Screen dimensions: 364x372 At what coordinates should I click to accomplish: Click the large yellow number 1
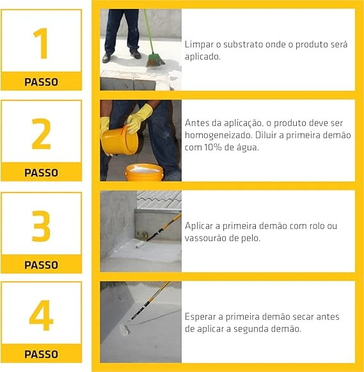click(x=42, y=43)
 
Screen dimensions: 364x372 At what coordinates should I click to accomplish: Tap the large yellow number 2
click(x=42, y=134)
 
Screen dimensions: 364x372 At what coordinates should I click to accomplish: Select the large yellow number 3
click(x=42, y=226)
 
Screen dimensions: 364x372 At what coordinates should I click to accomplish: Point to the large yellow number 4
click(x=41, y=315)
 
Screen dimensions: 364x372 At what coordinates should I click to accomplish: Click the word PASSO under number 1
click(x=42, y=82)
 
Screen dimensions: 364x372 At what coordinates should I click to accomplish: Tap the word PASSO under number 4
click(x=42, y=354)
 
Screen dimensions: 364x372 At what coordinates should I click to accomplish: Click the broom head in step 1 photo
click(x=155, y=61)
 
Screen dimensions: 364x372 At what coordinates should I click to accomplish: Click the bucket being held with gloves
click(x=120, y=141)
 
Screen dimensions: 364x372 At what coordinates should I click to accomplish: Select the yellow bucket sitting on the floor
click(x=145, y=173)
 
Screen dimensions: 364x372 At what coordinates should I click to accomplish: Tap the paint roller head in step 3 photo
click(x=140, y=245)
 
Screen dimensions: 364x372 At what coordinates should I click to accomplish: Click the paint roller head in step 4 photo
click(x=125, y=329)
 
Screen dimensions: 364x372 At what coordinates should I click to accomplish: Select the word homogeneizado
click(x=218, y=136)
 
